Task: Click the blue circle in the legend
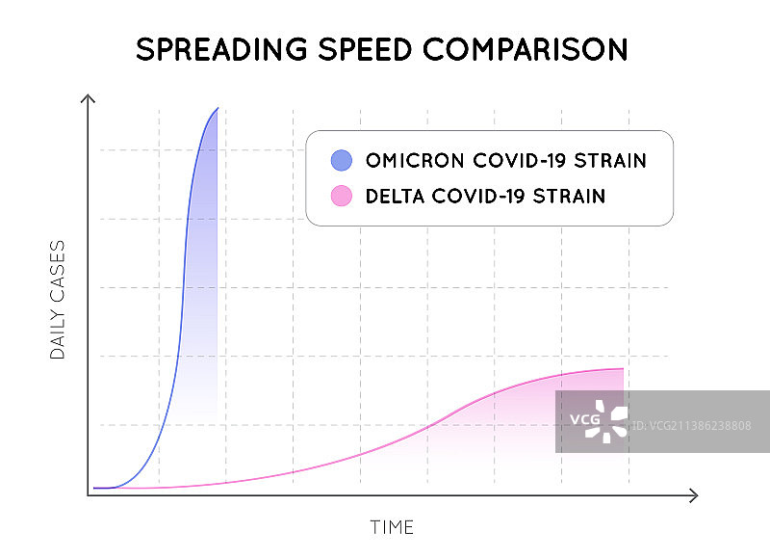(342, 161)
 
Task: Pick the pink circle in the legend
(342, 197)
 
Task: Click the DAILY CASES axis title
(58, 301)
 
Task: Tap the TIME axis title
(392, 527)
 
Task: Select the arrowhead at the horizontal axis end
(693, 494)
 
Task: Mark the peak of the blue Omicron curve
(218, 108)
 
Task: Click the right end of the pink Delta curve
(624, 369)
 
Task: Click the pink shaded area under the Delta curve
(520, 424)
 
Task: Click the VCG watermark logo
(599, 421)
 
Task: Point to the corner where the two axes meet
(89, 494)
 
